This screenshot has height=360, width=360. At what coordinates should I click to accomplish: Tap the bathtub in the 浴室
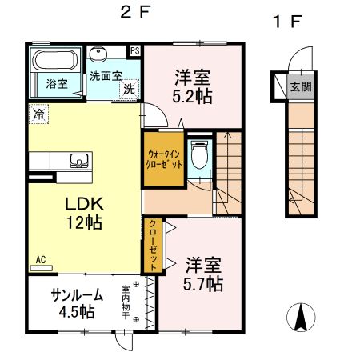[55, 61]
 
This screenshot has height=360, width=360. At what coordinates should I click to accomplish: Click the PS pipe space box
[134, 50]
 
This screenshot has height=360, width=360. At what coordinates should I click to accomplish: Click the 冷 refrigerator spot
[38, 114]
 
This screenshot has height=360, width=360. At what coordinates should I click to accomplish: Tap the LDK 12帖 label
[82, 213]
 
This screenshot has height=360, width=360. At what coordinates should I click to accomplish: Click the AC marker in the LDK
[40, 260]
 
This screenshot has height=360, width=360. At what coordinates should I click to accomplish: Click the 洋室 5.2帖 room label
[192, 86]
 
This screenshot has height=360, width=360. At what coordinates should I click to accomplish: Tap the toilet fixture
[201, 153]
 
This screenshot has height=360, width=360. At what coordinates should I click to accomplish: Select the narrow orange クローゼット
[150, 243]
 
